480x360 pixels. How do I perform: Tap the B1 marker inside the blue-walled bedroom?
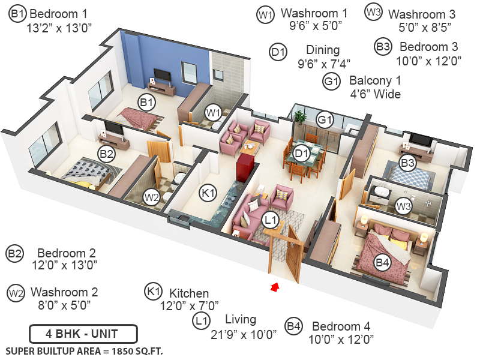point(146,103)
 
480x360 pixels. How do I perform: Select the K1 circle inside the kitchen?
point(207,194)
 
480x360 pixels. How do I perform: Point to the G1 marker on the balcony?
point(325,121)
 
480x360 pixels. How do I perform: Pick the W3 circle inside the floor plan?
point(404,206)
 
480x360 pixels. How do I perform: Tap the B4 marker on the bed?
point(382,262)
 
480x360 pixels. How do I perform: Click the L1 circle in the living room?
point(271,221)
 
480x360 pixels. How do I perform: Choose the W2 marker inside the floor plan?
point(151,196)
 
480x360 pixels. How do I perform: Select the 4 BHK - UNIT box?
point(83,333)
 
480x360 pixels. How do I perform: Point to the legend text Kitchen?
point(189,293)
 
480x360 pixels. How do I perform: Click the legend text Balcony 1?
point(376,80)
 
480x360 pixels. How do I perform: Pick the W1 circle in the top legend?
point(266,14)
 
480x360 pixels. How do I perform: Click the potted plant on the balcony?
point(300,116)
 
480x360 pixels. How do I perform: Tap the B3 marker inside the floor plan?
point(408,163)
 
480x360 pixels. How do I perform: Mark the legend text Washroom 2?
point(64,292)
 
